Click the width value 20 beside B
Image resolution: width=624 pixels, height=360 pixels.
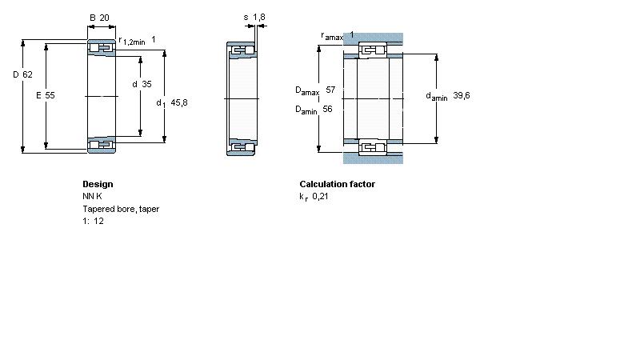(104, 18)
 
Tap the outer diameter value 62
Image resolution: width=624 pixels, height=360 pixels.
(27, 74)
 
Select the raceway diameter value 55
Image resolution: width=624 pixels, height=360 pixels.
(50, 95)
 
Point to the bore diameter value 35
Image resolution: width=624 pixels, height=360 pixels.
(147, 84)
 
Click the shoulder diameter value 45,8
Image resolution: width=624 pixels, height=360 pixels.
(179, 102)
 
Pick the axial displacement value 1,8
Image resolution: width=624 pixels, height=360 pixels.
(258, 17)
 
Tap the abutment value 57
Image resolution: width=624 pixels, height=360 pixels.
(330, 90)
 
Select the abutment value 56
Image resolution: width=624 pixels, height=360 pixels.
(327, 109)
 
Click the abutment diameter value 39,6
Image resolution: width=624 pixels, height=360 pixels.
(462, 95)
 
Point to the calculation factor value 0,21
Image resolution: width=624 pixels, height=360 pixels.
(320, 196)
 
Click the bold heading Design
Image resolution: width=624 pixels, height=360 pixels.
(98, 184)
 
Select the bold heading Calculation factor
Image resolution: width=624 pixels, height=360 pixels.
(337, 184)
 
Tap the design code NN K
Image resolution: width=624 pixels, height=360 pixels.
(92, 196)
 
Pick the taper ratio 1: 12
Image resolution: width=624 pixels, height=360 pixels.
(93, 221)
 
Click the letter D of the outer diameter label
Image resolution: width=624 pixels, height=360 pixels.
(16, 74)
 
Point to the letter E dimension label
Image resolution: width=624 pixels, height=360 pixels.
(38, 95)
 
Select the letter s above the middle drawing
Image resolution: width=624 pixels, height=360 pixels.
(246, 18)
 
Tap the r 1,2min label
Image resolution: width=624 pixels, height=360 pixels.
(132, 41)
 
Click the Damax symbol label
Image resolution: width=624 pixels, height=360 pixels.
(307, 91)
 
